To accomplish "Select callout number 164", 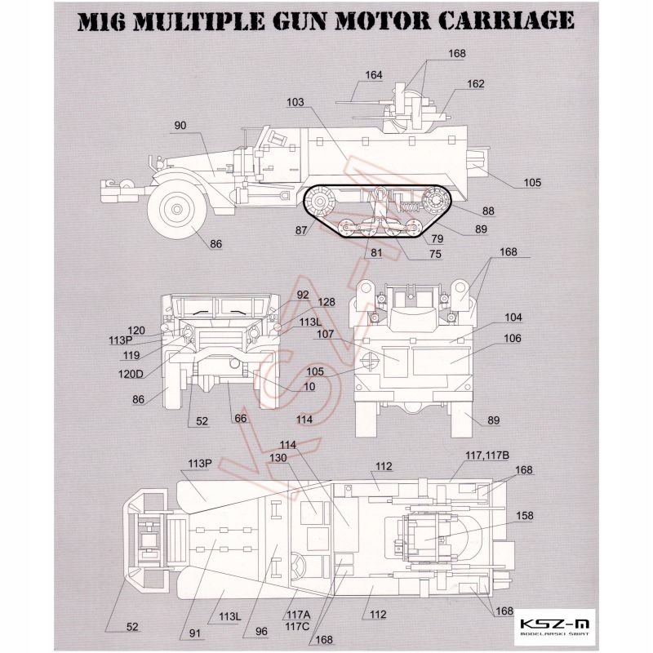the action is [374, 75].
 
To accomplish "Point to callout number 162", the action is [476, 84].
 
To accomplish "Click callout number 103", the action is [295, 102].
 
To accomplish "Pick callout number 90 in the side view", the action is [180, 126].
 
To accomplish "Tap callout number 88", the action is [488, 211].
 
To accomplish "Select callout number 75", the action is [435, 254].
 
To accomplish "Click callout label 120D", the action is [131, 374].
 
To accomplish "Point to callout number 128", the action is [326, 302].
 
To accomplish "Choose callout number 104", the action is [513, 318].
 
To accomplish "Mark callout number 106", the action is [513, 338].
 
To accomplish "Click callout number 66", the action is [241, 418].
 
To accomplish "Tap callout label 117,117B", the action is [487, 455].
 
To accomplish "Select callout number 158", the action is [524, 516].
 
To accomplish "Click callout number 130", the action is [278, 458].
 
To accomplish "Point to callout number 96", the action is [261, 631].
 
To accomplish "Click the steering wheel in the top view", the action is [296, 564].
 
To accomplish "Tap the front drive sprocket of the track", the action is [319, 202].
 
